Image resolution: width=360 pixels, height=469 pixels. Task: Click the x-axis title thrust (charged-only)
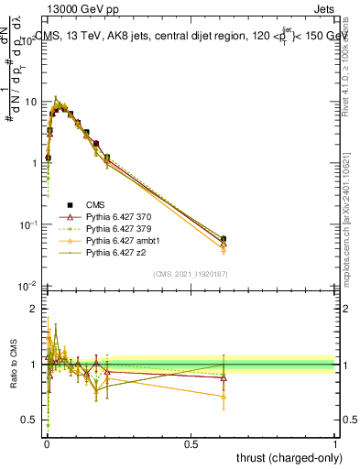click(x=283, y=457)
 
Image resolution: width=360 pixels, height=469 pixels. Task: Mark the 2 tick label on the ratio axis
click(x=34, y=309)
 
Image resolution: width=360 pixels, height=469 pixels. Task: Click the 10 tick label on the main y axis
click(x=30, y=102)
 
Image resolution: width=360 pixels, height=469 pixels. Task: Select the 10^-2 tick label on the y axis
click(x=28, y=286)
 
